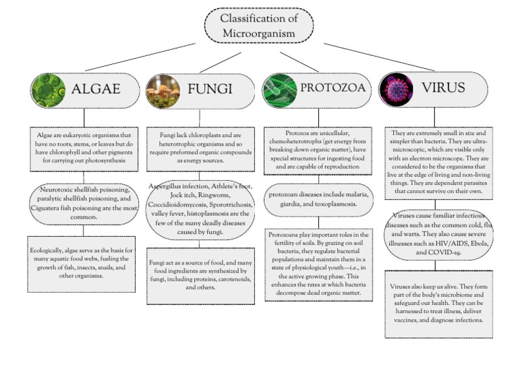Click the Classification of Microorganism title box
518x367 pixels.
(258, 25)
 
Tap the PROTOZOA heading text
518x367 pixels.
(333, 88)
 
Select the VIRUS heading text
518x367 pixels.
(443, 88)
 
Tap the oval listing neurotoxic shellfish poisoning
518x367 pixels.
(84, 200)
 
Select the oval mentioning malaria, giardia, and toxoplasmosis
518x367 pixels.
(318, 200)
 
